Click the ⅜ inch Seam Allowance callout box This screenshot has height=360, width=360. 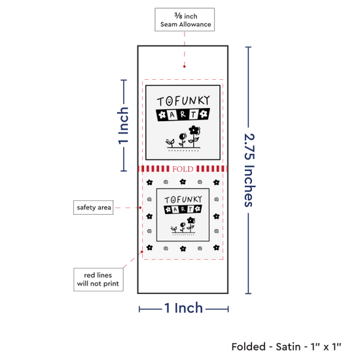click(185, 20)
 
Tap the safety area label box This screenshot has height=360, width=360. click(93, 207)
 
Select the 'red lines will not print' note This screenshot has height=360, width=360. click(98, 279)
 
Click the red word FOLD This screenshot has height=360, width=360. click(183, 169)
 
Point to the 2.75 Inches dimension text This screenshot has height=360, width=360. click(249, 170)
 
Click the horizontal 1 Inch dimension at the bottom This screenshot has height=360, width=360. click(184, 308)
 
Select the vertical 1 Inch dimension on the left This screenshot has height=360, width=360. click(124, 126)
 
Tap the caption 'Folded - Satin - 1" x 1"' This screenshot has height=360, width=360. click(286, 347)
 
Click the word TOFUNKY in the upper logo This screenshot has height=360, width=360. click(183, 101)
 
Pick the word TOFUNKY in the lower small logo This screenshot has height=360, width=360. click(183, 200)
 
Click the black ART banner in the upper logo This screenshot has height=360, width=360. click(183, 115)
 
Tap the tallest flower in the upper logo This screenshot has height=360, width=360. click(194, 136)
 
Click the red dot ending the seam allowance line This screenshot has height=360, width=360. click(185, 67)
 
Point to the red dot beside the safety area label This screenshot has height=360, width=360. click(140, 207)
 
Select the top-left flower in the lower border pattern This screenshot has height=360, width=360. click(149, 183)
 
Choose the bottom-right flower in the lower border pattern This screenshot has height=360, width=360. click(216, 247)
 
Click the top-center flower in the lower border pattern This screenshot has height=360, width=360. click(183, 182)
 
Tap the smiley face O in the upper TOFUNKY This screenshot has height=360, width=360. click(170, 101)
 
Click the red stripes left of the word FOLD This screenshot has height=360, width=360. click(154, 169)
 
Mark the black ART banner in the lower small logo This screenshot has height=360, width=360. click(183, 209)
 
